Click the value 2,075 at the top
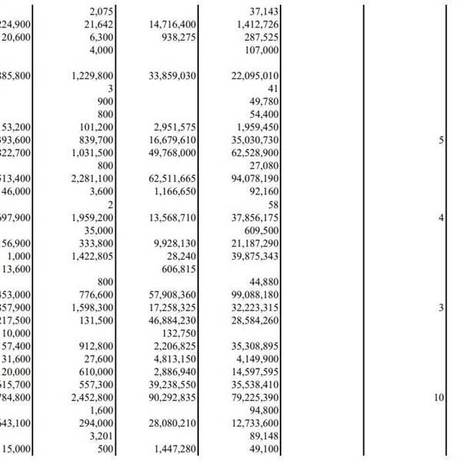coord(101,12)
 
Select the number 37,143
coord(264,12)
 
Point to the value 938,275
coord(177,37)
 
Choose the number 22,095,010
coord(254,76)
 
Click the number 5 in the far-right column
coord(441,140)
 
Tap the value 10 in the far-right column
coord(438,397)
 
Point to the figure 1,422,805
coord(92,256)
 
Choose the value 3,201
coord(101,436)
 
